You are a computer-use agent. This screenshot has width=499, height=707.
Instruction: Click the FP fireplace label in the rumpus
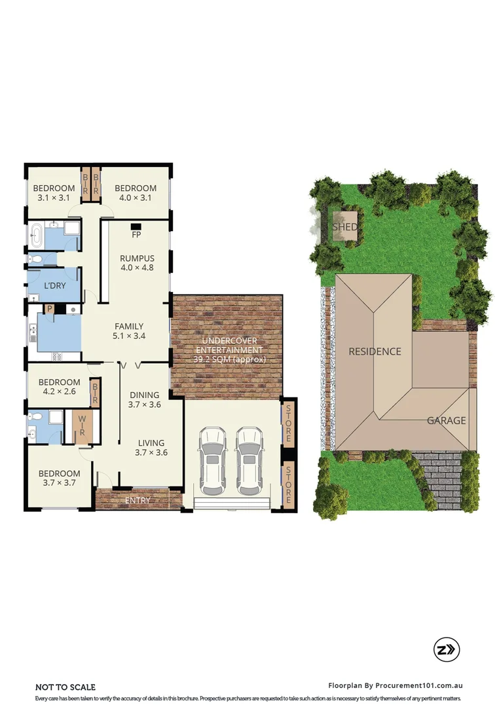[x=136, y=234]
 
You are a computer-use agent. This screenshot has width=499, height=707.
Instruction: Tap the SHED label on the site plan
[x=345, y=227]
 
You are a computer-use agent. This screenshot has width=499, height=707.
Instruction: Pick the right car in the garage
[x=249, y=461]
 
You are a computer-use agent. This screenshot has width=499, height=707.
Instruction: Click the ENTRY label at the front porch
[x=138, y=501]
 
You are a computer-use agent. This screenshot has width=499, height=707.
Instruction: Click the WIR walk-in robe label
[x=83, y=426]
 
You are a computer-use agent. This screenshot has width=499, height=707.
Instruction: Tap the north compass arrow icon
[x=447, y=649]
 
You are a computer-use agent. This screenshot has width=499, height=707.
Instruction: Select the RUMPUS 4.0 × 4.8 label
[x=137, y=262]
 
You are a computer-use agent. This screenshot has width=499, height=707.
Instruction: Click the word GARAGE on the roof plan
[x=447, y=420]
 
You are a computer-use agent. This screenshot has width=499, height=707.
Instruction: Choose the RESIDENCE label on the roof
[x=375, y=352]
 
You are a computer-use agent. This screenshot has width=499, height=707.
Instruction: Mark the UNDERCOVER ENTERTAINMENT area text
[x=229, y=350]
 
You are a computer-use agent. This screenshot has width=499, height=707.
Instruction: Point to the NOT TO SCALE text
[x=65, y=687]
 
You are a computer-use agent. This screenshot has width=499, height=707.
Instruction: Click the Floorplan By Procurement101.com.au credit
[x=396, y=685]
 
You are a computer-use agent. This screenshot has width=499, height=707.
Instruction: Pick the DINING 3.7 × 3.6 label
[x=144, y=399]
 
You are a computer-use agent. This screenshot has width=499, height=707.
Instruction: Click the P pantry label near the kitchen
[x=48, y=308]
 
